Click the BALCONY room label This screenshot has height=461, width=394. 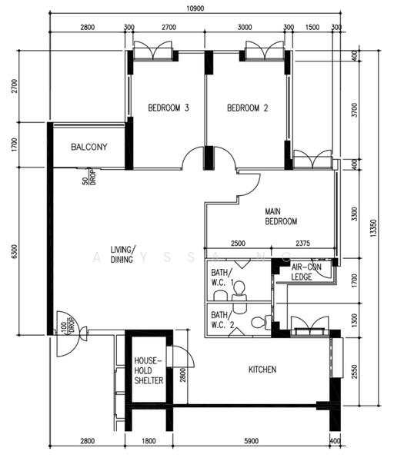(x=88, y=147)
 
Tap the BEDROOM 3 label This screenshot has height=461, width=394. (x=169, y=108)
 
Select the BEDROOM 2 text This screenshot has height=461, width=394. (x=247, y=108)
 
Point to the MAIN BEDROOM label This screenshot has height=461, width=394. (x=281, y=217)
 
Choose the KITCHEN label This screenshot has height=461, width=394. (x=262, y=370)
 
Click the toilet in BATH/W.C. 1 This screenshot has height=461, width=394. (x=239, y=289)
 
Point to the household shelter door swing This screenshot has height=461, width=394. (x=181, y=357)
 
